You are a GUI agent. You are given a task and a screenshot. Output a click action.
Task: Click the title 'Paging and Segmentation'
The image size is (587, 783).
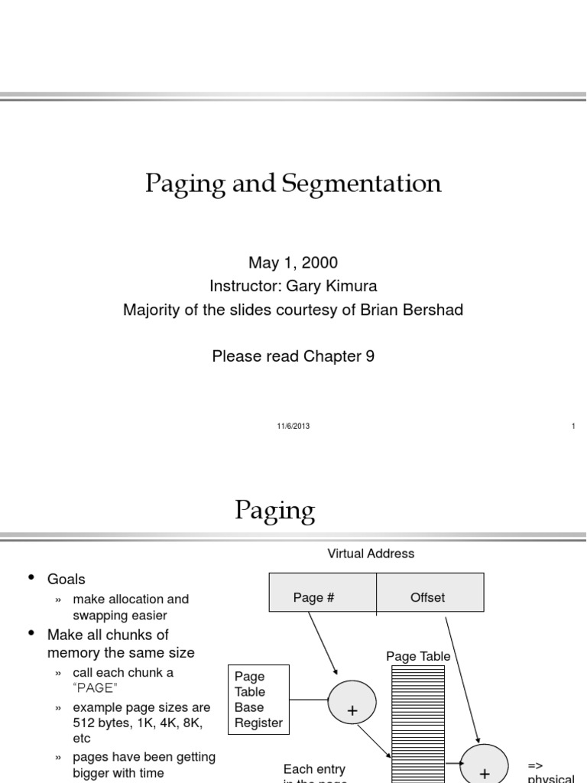tap(293, 184)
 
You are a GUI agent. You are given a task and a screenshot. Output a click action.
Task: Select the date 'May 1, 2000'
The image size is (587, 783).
tap(293, 263)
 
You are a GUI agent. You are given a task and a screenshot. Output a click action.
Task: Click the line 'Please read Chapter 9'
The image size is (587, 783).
tap(293, 356)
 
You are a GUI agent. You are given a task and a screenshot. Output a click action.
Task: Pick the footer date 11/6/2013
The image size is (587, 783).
tap(293, 427)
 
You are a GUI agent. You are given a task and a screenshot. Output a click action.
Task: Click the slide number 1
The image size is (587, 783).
tap(573, 427)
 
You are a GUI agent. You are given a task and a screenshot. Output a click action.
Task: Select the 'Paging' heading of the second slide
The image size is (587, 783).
tap(275, 510)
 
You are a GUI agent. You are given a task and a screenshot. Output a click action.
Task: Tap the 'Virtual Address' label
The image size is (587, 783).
tap(371, 554)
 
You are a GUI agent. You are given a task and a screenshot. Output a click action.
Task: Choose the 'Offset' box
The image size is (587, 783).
tap(428, 597)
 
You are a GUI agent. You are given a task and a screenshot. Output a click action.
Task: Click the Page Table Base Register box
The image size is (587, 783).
tap(258, 699)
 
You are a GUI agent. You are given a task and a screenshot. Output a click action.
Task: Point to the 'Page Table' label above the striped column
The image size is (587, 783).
tap(418, 656)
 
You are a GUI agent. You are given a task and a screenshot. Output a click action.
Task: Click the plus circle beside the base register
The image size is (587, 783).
tap(352, 703)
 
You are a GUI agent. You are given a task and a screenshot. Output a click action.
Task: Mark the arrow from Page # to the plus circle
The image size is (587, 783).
tap(323, 643)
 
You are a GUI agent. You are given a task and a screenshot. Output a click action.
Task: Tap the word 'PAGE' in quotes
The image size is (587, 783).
tap(96, 687)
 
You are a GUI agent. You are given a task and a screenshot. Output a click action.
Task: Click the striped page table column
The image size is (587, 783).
tap(417, 719)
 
